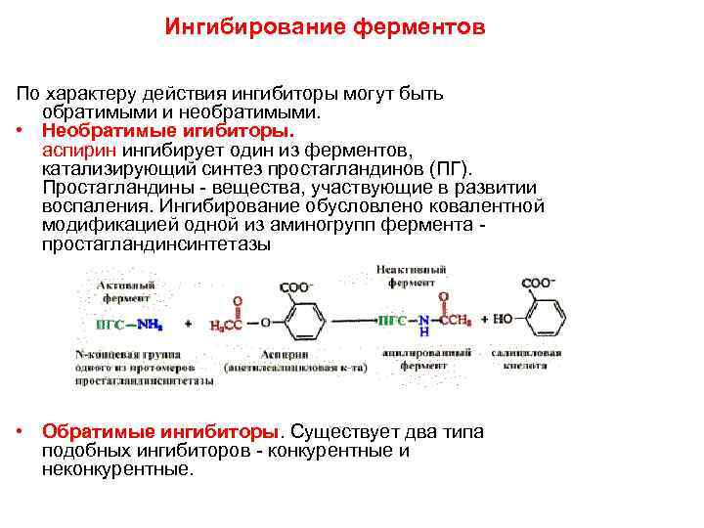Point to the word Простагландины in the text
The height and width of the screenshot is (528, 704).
click(113, 189)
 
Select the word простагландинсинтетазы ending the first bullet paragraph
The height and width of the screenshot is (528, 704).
click(156, 245)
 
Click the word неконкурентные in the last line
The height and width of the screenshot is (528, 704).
click(117, 469)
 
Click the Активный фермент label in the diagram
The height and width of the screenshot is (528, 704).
click(125, 289)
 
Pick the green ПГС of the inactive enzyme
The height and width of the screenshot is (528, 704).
click(392, 320)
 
